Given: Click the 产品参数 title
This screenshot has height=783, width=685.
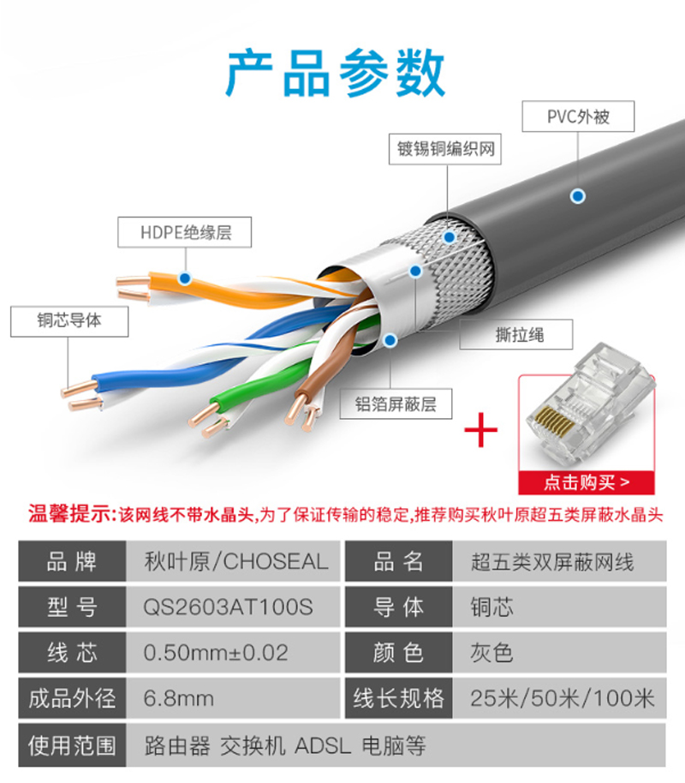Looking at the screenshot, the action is point(335,74).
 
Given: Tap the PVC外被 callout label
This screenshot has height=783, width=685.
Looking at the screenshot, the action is point(578,117).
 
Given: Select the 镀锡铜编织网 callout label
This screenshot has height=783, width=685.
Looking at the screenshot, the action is point(445,149).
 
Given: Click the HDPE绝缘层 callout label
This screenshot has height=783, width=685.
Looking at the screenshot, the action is point(185,232).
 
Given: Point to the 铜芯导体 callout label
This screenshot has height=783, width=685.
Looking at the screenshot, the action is point(69,321).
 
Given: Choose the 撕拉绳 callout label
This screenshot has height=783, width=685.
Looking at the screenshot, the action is point(516,334).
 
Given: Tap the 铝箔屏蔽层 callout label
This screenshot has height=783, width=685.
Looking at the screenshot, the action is point(396,403).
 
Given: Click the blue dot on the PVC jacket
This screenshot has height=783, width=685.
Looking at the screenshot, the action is point(578,196).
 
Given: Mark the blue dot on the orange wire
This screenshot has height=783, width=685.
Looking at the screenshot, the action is point(185,278).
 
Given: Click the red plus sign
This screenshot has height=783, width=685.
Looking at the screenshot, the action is point(481,429).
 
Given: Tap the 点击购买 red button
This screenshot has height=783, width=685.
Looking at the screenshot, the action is point(587,482).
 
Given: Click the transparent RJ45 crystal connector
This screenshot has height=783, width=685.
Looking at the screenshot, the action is point(592,402).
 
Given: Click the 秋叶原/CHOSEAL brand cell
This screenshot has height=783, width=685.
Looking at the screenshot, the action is point(233,561).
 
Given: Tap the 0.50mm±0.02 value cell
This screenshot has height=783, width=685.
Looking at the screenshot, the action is point(233,653).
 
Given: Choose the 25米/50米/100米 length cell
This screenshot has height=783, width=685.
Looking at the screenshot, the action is point(560,698).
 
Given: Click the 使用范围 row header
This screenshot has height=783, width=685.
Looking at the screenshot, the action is point(73,745).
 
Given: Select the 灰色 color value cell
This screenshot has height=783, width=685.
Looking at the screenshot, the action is point(560,653).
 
